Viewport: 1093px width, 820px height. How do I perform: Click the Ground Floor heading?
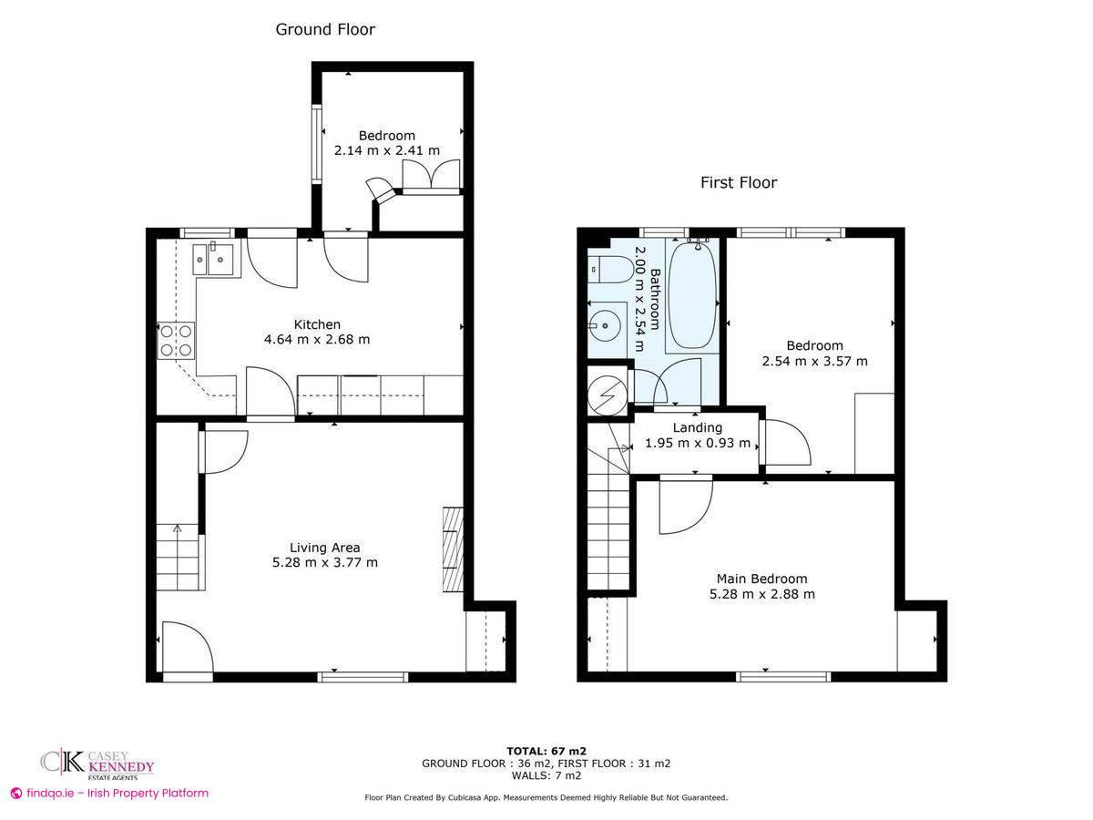(325, 29)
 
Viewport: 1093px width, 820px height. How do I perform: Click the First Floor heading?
(738, 182)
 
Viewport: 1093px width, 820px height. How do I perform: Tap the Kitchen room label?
(317, 324)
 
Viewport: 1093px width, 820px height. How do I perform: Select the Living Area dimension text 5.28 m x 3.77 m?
(324, 563)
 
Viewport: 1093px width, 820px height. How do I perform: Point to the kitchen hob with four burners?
(177, 340)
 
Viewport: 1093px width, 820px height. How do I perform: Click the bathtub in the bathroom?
(693, 294)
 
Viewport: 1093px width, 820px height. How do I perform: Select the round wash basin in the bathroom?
(602, 322)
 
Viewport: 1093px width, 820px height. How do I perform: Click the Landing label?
(697, 427)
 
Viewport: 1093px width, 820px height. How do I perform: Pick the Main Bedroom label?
(761, 579)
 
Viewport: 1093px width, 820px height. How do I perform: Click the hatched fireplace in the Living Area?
(453, 549)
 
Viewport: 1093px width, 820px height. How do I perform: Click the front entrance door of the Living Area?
(187, 651)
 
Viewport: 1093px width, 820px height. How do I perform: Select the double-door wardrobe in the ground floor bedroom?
(431, 176)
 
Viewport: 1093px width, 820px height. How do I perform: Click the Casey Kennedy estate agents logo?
(97, 763)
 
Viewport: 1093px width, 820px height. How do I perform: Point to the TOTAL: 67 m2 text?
(546, 751)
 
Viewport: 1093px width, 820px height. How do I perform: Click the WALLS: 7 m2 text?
(546, 775)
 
